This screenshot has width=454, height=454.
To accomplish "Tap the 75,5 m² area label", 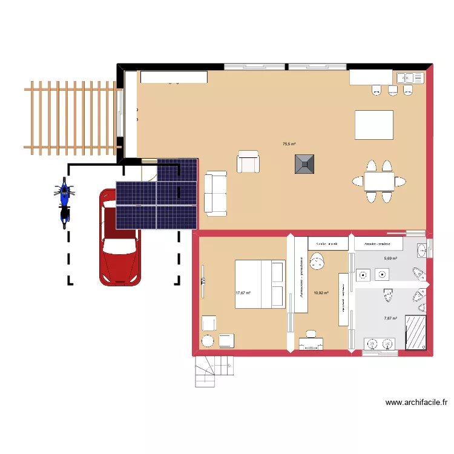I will point(289,144).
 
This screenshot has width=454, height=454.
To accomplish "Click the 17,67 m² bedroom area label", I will point(243,294).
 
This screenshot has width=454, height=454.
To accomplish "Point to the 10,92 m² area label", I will point(321,293).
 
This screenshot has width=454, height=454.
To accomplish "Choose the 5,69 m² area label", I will point(390,258).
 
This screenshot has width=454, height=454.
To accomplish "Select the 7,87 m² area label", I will point(390,318).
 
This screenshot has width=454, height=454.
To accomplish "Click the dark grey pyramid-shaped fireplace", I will point(304,164).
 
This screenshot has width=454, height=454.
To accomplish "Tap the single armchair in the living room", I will point(248,162).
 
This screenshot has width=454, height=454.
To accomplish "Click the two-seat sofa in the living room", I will point(215,193).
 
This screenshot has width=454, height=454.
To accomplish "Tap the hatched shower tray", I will point(415,332).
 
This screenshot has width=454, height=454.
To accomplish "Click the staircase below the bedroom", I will point(213,370).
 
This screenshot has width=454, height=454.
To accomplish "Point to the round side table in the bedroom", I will point(208,340).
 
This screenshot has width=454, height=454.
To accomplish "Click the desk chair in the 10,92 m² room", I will point(311,334).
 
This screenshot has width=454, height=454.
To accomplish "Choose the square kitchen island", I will point(373,125).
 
